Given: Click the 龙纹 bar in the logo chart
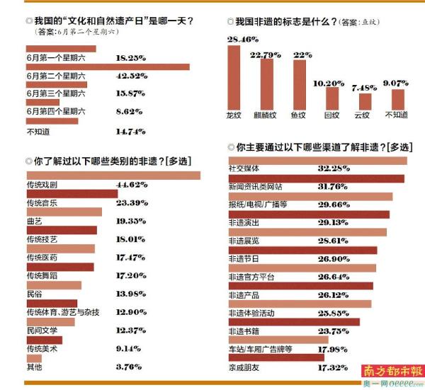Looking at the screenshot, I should [234, 79].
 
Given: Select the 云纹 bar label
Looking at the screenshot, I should [361, 115].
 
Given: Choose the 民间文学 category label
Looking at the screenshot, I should [42, 330].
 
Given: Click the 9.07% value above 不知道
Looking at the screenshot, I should [397, 82].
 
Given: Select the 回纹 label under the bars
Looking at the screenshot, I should [331, 115].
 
